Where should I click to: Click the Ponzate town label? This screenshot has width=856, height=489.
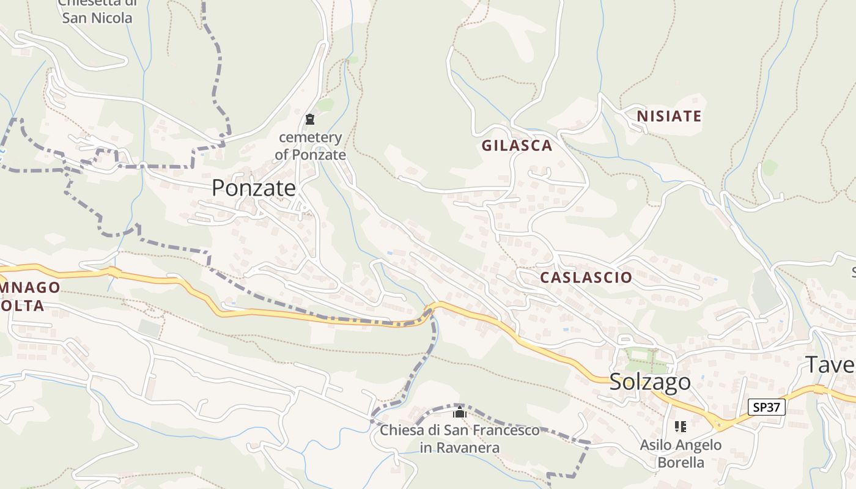click(254, 188)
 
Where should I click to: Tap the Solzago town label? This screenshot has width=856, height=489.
click(650, 382)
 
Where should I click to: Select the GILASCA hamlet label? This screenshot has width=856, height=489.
click(517, 145)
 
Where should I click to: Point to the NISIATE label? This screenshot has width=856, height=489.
click(669, 116)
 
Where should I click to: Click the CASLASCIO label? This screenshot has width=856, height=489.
click(586, 278)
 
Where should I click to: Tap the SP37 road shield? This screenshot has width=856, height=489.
click(767, 407)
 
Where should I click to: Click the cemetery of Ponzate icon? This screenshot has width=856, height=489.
click(310, 119)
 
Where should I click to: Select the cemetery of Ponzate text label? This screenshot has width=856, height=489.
click(310, 146)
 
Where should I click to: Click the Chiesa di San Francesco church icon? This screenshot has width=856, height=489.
click(460, 413)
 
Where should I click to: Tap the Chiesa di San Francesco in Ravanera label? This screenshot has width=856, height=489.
click(460, 439)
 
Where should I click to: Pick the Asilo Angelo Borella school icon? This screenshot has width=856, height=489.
click(681, 427)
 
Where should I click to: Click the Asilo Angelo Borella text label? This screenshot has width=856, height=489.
click(681, 454)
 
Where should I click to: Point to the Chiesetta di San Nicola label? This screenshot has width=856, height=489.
click(97, 11)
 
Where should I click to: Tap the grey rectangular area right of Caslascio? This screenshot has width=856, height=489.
click(766, 291)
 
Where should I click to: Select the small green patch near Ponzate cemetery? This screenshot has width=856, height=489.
click(325, 105)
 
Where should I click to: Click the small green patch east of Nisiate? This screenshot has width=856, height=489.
click(770, 166)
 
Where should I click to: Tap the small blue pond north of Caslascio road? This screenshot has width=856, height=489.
click(389, 252)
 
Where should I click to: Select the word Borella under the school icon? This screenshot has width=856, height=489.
click(681, 462)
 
